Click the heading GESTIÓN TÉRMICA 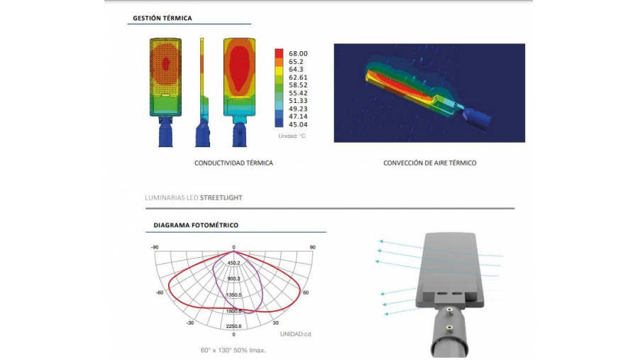click(162, 18)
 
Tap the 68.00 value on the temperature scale click(298, 53)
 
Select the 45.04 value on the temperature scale click(298, 125)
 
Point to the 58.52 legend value click(298, 85)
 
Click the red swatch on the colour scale click(279, 53)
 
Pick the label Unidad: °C click(292, 136)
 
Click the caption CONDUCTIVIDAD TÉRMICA click(233, 163)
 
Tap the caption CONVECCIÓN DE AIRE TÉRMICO click(430, 163)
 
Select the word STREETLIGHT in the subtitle click(221, 198)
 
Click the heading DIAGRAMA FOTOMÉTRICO click(196, 225)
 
